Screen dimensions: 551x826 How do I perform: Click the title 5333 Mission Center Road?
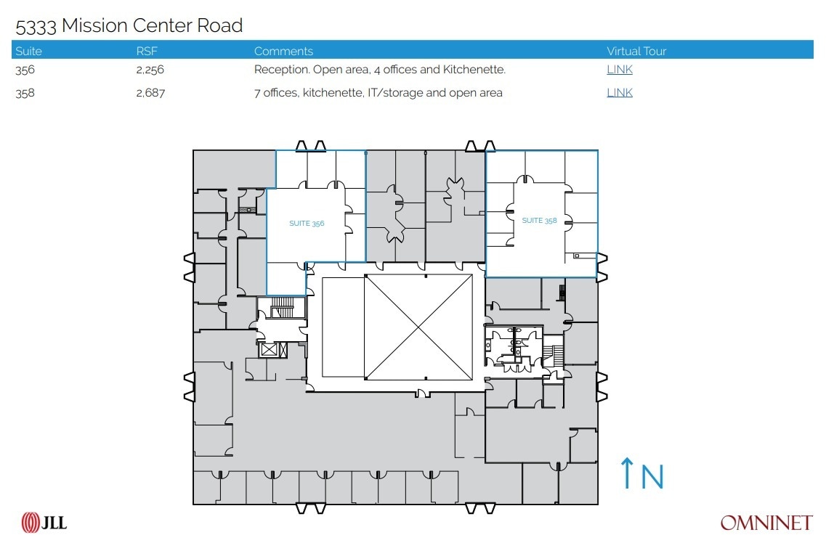tap(129, 26)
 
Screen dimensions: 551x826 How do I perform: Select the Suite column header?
tap(28, 52)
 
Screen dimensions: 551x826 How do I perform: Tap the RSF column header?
tap(147, 52)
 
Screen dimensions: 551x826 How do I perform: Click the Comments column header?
tap(283, 52)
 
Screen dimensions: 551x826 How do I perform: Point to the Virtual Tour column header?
tap(636, 52)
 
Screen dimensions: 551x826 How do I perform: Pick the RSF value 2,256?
tap(150, 70)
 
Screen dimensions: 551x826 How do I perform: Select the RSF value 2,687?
tap(150, 93)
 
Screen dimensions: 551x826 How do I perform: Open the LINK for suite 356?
tap(620, 70)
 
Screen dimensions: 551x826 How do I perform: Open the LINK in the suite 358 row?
tap(620, 93)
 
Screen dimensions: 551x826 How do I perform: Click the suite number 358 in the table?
tap(25, 93)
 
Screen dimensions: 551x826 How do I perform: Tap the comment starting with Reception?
tap(379, 70)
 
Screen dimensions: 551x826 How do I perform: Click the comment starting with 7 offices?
tap(378, 93)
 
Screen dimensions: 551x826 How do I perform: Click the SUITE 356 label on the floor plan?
tap(307, 224)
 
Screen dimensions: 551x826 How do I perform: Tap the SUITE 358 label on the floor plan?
tap(539, 221)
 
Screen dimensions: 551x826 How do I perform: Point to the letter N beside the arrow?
tap(652, 477)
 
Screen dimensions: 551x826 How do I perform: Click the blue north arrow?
tap(626, 473)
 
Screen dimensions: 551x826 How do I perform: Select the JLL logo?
tap(44, 522)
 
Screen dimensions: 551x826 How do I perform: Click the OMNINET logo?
tap(766, 523)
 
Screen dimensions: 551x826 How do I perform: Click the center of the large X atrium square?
tap(418, 327)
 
